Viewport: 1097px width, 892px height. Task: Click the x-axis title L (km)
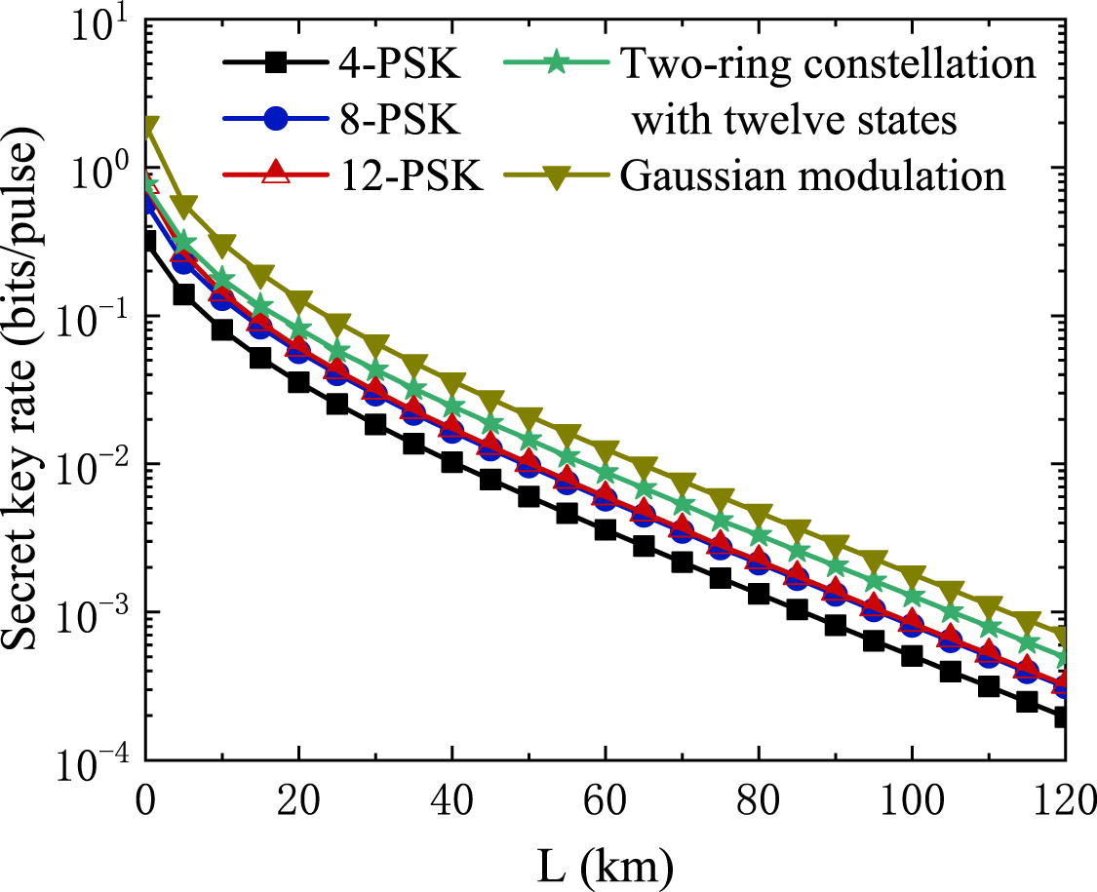604,863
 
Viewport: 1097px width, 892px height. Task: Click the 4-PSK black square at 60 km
605,530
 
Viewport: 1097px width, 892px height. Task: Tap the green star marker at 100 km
912,598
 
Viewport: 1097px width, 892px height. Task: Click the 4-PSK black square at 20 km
298,383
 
